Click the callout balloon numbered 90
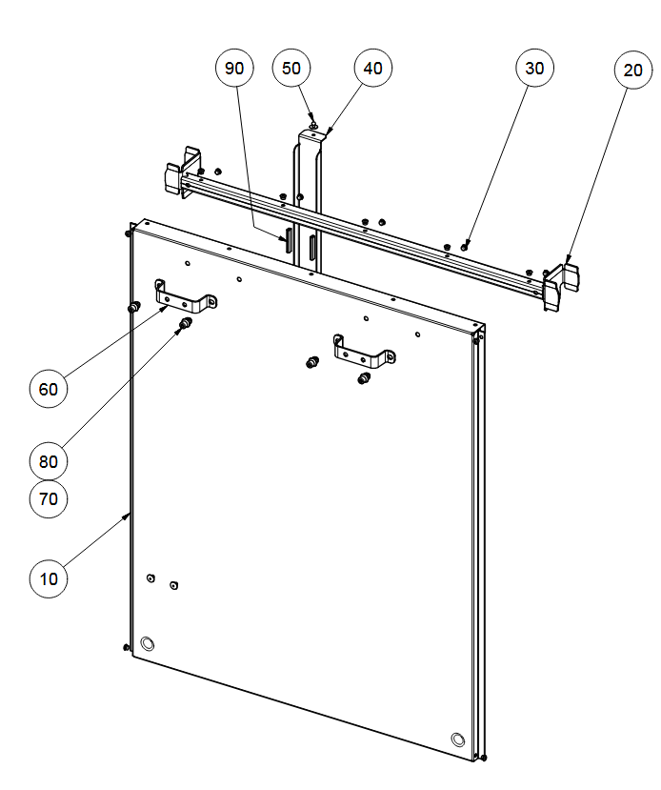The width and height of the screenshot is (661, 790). pyautogui.click(x=234, y=68)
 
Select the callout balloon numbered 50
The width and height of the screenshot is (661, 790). pyautogui.click(x=291, y=68)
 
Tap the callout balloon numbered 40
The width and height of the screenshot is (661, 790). pyautogui.click(x=373, y=68)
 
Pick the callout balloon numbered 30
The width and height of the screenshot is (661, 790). pyautogui.click(x=534, y=68)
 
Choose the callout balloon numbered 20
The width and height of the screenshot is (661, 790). pyautogui.click(x=633, y=70)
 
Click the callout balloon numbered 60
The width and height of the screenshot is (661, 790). pyautogui.click(x=49, y=389)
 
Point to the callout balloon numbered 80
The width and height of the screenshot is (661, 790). pyautogui.click(x=49, y=461)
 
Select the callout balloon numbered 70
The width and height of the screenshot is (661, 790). pyautogui.click(x=49, y=498)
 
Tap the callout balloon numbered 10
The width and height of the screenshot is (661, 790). pyautogui.click(x=49, y=578)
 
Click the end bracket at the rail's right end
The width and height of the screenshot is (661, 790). pyautogui.click(x=560, y=285)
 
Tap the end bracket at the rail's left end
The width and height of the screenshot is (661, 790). pyautogui.click(x=182, y=172)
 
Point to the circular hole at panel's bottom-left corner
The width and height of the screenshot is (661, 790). pyautogui.click(x=148, y=643)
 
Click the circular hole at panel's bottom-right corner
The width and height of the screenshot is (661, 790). pyautogui.click(x=457, y=739)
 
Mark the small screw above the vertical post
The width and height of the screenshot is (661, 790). pyautogui.click(x=312, y=125)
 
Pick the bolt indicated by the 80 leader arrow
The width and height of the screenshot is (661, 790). pyautogui.click(x=186, y=323)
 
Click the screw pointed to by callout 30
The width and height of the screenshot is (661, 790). pyautogui.click(x=464, y=247)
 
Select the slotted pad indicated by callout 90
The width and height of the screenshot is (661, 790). pyautogui.click(x=289, y=240)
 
